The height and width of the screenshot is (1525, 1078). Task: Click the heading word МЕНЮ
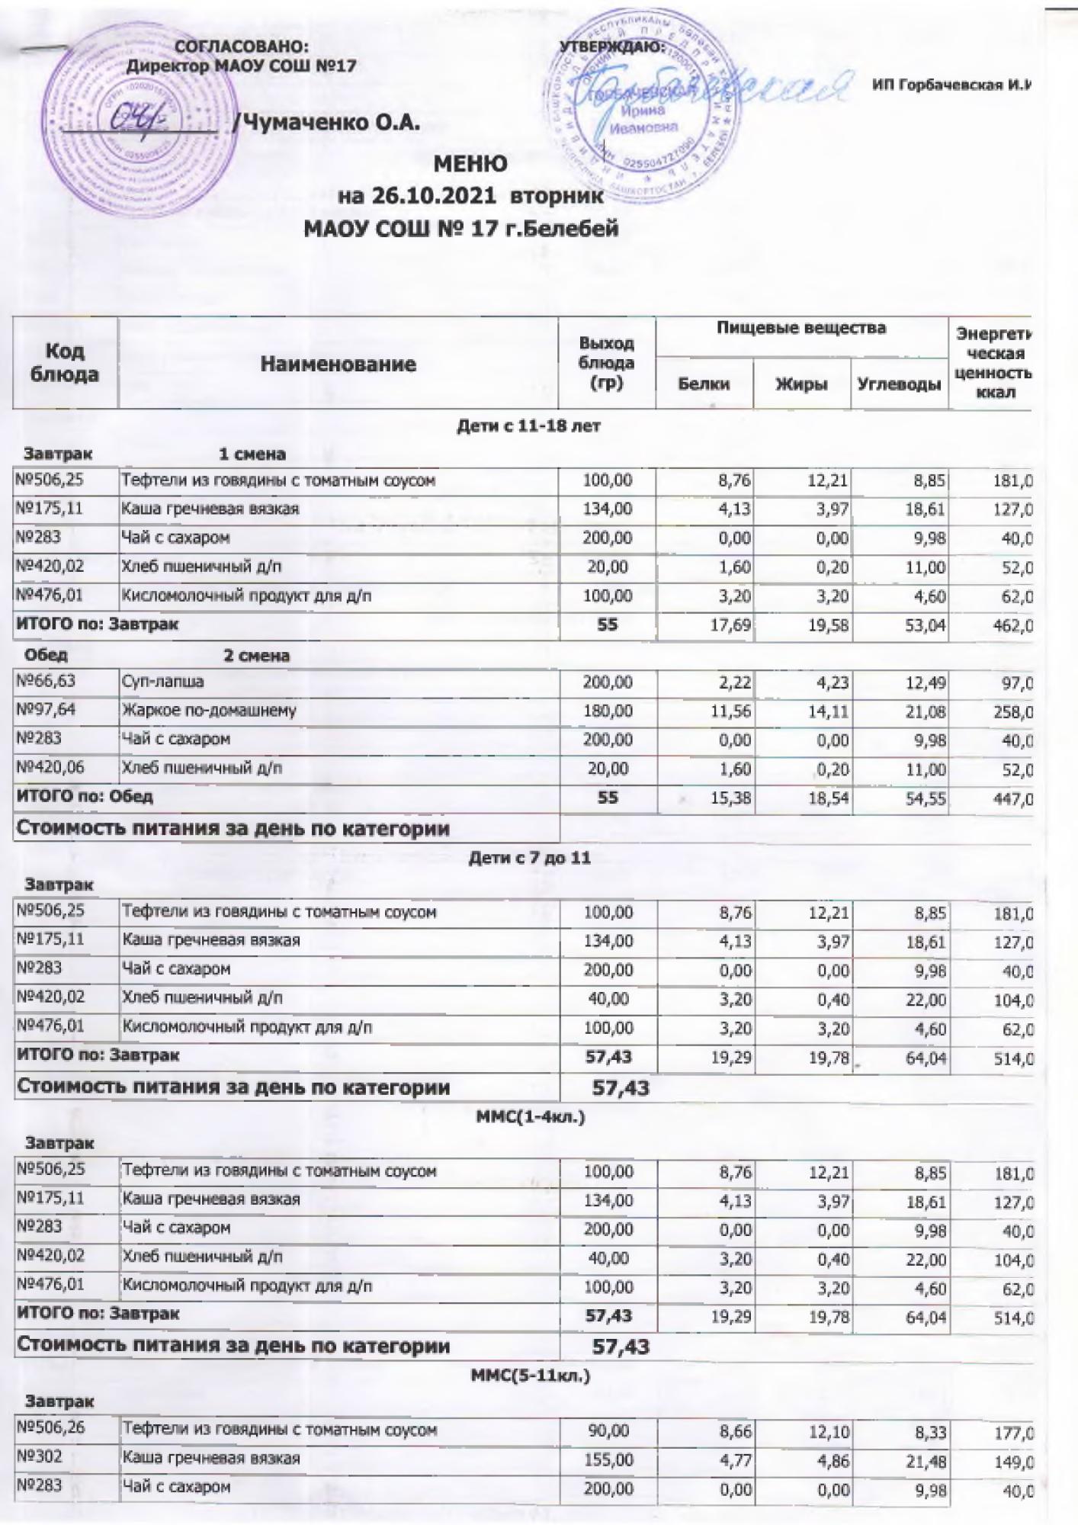470,164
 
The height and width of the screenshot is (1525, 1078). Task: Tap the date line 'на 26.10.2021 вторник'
470,196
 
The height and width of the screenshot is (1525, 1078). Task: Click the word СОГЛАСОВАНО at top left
242,47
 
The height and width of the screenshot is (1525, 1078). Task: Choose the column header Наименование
338,364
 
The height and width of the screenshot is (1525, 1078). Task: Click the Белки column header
704,384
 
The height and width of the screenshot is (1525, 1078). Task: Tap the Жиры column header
801,384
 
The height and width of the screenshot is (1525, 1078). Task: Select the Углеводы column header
899,384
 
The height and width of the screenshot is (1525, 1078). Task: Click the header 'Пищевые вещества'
801,329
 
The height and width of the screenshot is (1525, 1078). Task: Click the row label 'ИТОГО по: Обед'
85,797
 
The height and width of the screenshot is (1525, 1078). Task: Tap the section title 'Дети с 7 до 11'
528,858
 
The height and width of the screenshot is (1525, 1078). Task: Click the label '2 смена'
256,655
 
